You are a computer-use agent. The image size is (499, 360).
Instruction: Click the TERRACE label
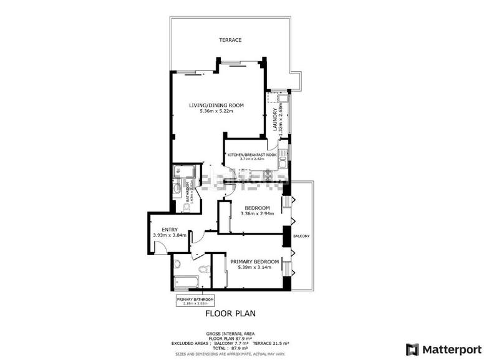[x=230, y=41]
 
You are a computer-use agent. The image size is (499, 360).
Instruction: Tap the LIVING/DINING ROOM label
[x=216, y=105]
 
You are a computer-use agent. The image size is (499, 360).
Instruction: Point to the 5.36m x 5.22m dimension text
[x=216, y=111]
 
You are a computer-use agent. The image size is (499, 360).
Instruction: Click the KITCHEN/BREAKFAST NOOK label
[x=253, y=154]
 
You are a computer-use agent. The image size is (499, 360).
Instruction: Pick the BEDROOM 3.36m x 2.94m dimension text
[x=257, y=214]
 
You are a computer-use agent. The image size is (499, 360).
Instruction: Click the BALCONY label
[x=302, y=236]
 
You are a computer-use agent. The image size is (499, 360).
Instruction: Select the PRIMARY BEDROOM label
[x=254, y=261]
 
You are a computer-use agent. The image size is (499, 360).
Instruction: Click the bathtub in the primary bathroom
[x=187, y=281]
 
